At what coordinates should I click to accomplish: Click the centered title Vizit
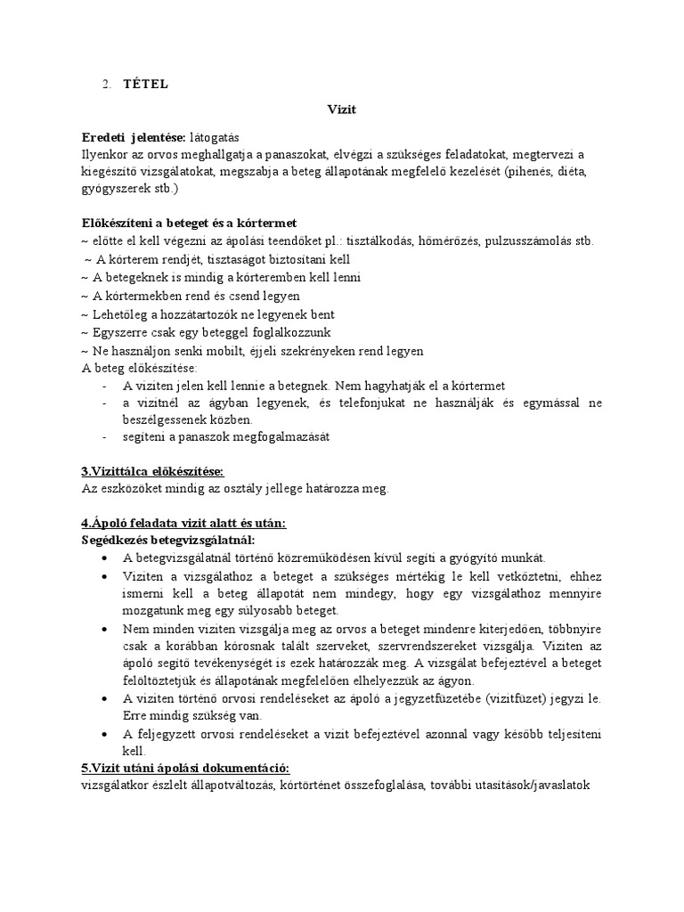pos(342,110)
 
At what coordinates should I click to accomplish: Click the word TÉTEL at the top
pos(145,85)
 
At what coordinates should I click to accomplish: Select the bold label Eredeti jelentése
pos(134,137)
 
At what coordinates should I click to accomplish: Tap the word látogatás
pos(215,137)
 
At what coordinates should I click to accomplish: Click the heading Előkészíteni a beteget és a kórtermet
pos(189,223)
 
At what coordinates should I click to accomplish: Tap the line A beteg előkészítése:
pos(140,368)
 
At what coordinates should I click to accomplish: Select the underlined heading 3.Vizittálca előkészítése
pos(152,471)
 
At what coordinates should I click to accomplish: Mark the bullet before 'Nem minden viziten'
pos(105,628)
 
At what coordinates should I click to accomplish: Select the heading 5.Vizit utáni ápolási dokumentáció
pos(186,768)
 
